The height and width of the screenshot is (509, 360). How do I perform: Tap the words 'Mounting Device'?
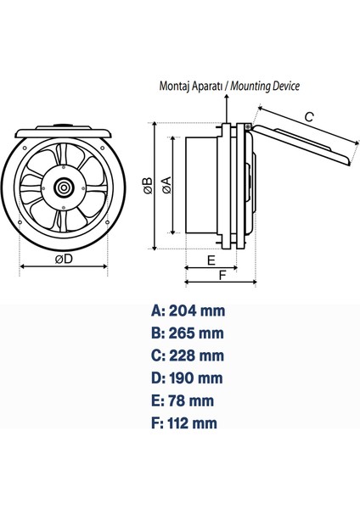pyautogui.click(x=264, y=86)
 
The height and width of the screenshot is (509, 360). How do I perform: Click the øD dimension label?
pyautogui.click(x=64, y=260)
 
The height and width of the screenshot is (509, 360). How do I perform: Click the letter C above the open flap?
pyautogui.click(x=309, y=117)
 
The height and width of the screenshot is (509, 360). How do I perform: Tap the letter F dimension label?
pyautogui.click(x=222, y=275)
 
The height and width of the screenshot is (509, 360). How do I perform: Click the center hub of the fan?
pyautogui.click(x=64, y=187)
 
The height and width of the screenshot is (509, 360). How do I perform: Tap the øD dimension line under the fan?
pyautogui.click(x=64, y=269)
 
